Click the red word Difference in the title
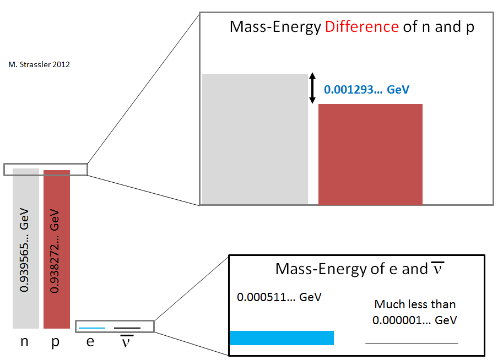(362, 26)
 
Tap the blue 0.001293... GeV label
(366, 89)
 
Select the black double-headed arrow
(312, 89)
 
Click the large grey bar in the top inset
(255, 139)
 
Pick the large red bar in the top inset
(370, 154)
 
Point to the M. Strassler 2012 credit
(39, 64)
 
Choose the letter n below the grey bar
(24, 342)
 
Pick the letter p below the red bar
(56, 342)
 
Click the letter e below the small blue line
(90, 342)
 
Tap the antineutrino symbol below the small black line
(127, 342)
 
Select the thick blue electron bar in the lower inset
(282, 337)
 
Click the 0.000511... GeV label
(279, 298)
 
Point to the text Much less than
(415, 304)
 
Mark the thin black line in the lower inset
(412, 343)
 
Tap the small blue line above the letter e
(91, 328)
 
